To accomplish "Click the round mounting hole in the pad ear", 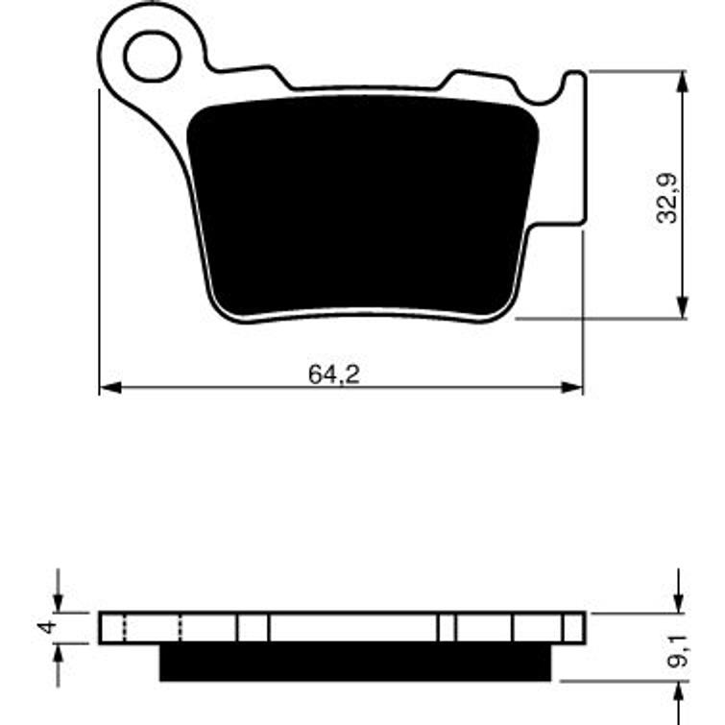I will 152,55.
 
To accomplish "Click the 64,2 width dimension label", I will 334,375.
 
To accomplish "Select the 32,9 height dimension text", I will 667,197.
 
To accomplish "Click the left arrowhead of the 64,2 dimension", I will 109,388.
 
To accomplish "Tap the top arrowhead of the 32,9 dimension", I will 683,80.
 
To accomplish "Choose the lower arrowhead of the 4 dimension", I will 59,652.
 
